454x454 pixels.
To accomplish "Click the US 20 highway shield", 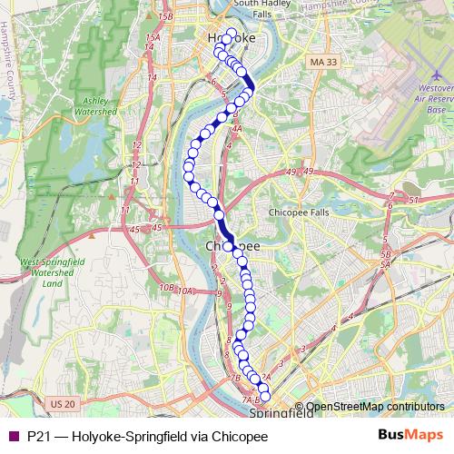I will tap(63, 402).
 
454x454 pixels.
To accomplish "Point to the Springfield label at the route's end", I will tap(271, 413).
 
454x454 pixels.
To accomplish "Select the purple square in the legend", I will tap(13, 435).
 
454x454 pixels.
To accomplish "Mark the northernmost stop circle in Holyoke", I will tap(231, 35).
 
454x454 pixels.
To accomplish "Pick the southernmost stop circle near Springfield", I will tap(265, 396).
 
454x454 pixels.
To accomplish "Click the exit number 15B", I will tap(164, 16).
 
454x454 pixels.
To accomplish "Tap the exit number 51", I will tap(414, 200).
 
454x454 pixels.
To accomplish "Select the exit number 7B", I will tap(234, 377).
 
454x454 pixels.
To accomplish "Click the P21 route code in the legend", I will tap(38, 435).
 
